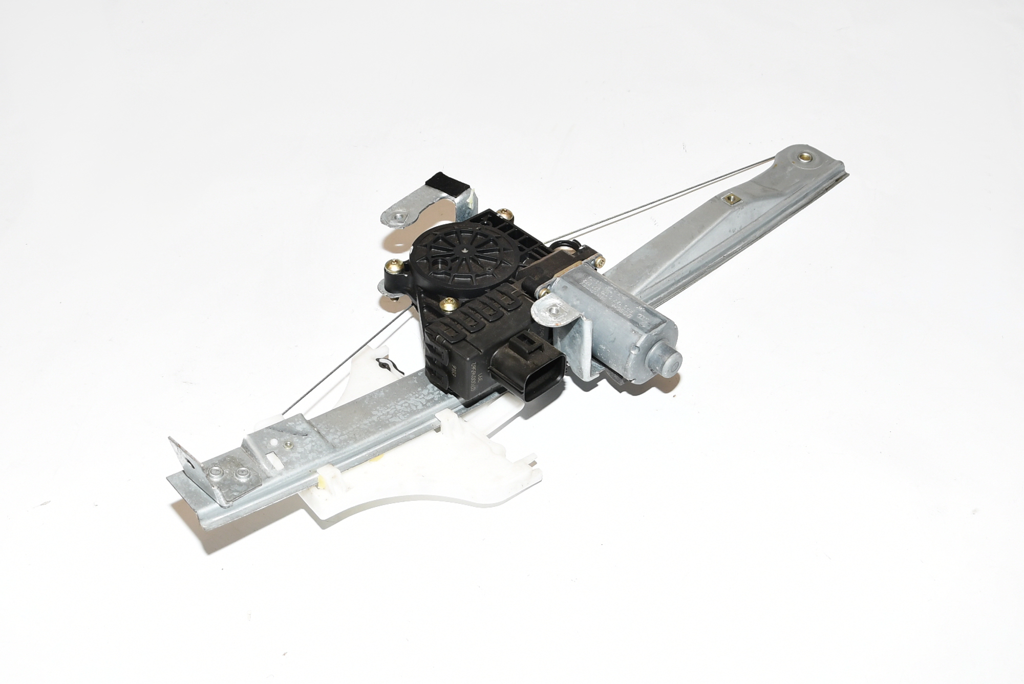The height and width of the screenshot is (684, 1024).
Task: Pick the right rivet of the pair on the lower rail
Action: click(241, 475)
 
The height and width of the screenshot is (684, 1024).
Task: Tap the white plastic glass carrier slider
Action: click(430, 476)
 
